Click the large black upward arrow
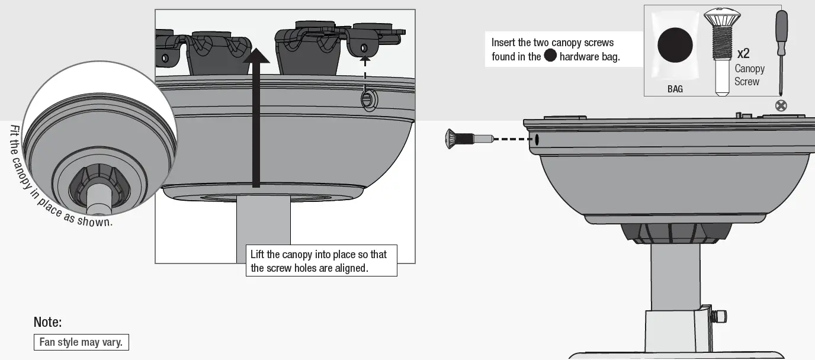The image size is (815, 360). coord(255,118)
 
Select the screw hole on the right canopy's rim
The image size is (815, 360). coord(536,140)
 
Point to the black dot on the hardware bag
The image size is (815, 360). coord(675,46)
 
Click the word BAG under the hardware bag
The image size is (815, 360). coord(675,89)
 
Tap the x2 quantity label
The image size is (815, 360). coord(743,53)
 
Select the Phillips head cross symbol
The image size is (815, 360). coord(781,106)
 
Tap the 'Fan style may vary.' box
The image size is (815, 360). coord(81,342)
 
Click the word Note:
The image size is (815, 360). coord(48,323)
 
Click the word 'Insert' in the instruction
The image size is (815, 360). coord(503,43)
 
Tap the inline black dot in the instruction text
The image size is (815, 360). coord(550,56)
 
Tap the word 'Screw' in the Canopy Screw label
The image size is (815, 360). coord(747,82)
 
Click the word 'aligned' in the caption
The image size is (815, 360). coord(352,268)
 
